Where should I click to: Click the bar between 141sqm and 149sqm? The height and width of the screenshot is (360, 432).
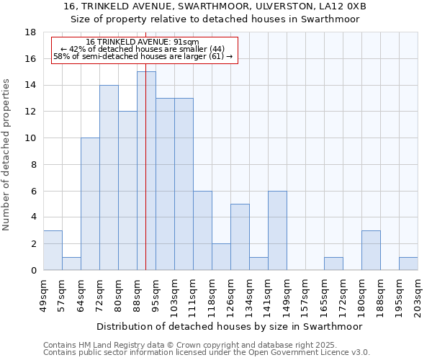pos(277,230)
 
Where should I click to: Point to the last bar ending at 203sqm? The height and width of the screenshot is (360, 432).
pos(408,264)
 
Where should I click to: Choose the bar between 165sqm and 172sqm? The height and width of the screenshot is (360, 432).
pos(333,264)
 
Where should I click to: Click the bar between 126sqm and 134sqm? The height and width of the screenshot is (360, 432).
pos(240,237)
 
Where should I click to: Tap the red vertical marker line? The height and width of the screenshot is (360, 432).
pos(145,144)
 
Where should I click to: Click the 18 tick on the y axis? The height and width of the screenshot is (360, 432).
pos(31,32)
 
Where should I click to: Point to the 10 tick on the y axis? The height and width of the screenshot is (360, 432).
pos(31,138)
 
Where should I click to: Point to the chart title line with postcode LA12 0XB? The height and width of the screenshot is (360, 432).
pos(215,6)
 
